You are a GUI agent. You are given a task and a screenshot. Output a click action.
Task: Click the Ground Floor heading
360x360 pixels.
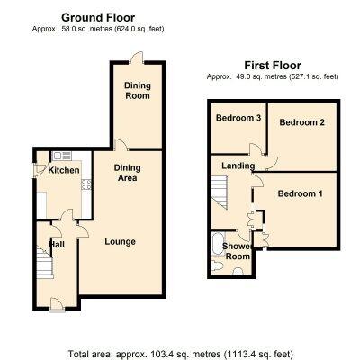click(x=98, y=18)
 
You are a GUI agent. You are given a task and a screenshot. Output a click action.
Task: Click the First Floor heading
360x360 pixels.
click(x=273, y=65)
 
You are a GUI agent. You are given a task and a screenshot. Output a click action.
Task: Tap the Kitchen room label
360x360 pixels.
click(x=64, y=170)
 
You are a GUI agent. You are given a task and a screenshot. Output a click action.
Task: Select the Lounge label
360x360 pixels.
click(x=120, y=242)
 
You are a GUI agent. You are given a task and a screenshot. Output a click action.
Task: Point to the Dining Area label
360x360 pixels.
click(x=128, y=173)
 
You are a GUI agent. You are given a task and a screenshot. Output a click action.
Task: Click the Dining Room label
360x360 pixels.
click(x=138, y=91)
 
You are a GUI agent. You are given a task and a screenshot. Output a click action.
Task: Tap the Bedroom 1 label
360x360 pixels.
click(x=301, y=193)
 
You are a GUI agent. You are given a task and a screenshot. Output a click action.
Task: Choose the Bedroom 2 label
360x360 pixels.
click(x=302, y=122)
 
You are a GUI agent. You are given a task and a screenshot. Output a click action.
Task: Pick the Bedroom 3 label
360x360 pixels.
click(x=238, y=118)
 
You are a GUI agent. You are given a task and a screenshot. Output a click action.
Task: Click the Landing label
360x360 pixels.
click(x=238, y=166)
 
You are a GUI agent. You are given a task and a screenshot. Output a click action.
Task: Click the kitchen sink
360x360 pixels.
click(x=62, y=156)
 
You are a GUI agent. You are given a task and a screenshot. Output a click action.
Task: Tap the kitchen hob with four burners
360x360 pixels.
click(x=86, y=184)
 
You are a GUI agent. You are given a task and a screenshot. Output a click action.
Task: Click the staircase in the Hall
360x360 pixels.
click(x=45, y=262)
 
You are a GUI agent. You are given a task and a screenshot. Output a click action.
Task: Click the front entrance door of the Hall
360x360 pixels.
click(x=57, y=305)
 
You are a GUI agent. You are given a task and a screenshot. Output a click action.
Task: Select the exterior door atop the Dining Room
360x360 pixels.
click(x=136, y=58)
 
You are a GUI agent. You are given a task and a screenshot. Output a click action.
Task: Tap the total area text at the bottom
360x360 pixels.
click(x=181, y=354)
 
